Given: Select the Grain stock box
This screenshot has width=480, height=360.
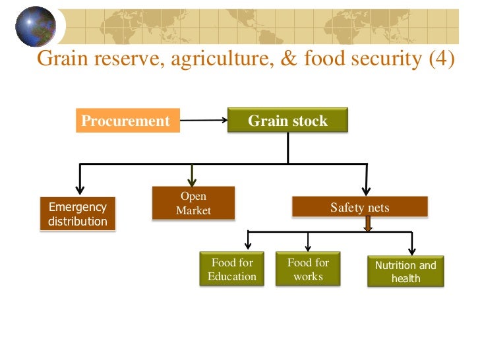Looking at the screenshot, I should pyautogui.click(x=287, y=121).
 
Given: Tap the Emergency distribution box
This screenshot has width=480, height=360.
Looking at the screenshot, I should pyautogui.click(x=78, y=214).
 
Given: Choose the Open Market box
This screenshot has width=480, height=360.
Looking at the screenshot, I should pyautogui.click(x=193, y=203).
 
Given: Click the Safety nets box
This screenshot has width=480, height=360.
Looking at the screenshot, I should pyautogui.click(x=360, y=208).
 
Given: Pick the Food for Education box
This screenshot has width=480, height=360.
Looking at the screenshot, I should pyautogui.click(x=232, y=269).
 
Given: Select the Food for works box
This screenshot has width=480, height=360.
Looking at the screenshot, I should pyautogui.click(x=308, y=269).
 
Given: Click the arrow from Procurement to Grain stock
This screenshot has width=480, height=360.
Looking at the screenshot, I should pyautogui.click(x=204, y=121).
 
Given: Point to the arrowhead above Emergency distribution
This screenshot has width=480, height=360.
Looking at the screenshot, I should pyautogui.click(x=80, y=187).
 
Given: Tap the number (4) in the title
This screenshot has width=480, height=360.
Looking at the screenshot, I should pyautogui.click(x=441, y=59).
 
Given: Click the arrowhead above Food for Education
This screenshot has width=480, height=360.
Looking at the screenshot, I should pyautogui.click(x=247, y=245).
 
